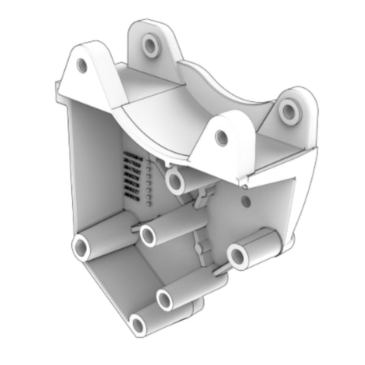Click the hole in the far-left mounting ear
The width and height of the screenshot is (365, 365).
82,66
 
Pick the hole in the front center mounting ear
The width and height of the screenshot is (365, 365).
221,138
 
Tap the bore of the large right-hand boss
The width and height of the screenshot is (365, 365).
238,257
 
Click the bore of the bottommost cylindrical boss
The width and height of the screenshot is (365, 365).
139,325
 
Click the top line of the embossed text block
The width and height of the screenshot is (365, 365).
131,157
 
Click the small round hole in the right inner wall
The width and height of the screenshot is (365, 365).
247,202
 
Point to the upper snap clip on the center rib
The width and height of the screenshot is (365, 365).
201,199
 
